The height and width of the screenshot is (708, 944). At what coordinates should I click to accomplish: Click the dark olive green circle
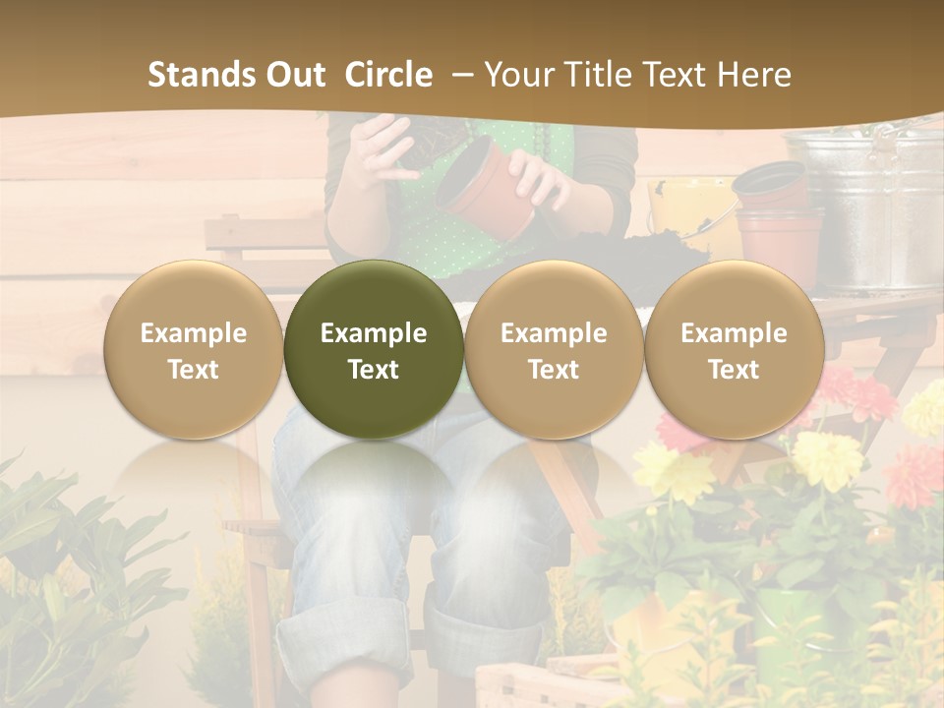(374, 349)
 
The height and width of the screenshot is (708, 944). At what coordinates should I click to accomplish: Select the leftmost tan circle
(194, 349)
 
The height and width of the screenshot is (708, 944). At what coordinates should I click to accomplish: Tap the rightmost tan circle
(734, 349)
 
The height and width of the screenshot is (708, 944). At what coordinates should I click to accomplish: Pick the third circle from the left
(554, 349)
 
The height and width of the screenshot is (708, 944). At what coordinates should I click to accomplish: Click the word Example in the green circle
(374, 333)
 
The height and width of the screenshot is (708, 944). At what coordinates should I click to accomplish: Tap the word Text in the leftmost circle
(194, 370)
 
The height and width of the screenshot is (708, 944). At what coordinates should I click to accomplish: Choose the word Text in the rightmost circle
(734, 370)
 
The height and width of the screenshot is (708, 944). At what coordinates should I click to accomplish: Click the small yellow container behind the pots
(693, 211)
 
